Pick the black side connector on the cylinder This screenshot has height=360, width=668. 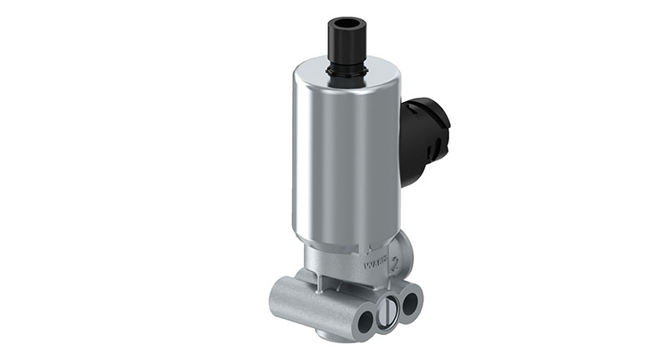click(x=422, y=138)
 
